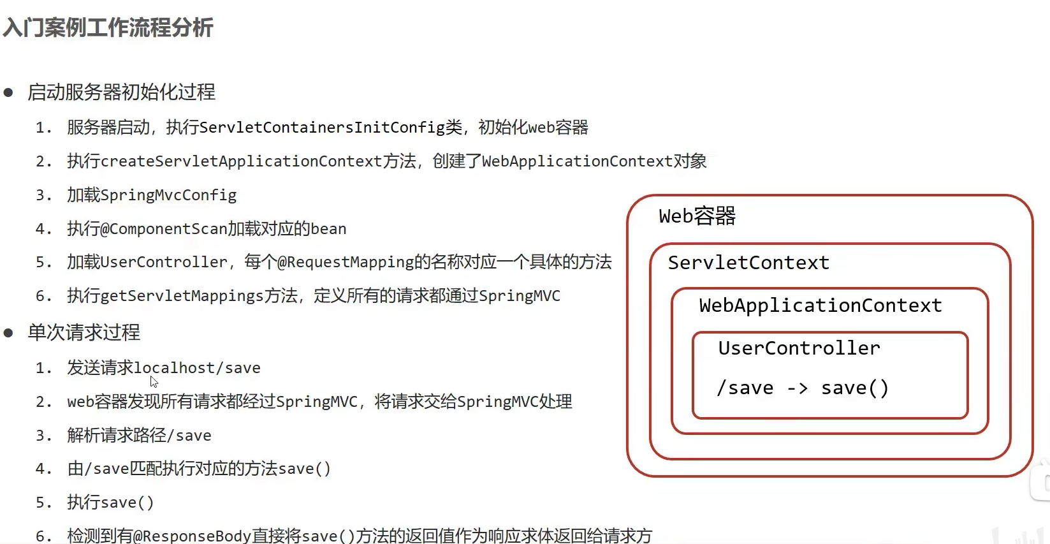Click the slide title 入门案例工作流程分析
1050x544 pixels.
point(108,28)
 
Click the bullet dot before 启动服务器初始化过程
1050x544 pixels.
point(9,93)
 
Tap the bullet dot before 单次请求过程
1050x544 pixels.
point(9,333)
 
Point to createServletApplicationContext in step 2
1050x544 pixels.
point(241,161)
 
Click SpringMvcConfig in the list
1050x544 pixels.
point(168,195)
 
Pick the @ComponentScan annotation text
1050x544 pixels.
point(164,229)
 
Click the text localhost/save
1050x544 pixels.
point(197,368)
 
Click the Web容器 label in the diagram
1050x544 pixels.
point(697,216)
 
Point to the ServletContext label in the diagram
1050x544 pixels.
point(748,263)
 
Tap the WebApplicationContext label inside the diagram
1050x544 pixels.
point(820,305)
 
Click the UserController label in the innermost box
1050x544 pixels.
point(799,348)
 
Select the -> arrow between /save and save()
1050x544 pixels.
point(797,388)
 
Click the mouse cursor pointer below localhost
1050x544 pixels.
point(154,381)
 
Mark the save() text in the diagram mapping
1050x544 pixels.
point(854,388)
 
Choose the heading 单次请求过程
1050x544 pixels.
point(84,333)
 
